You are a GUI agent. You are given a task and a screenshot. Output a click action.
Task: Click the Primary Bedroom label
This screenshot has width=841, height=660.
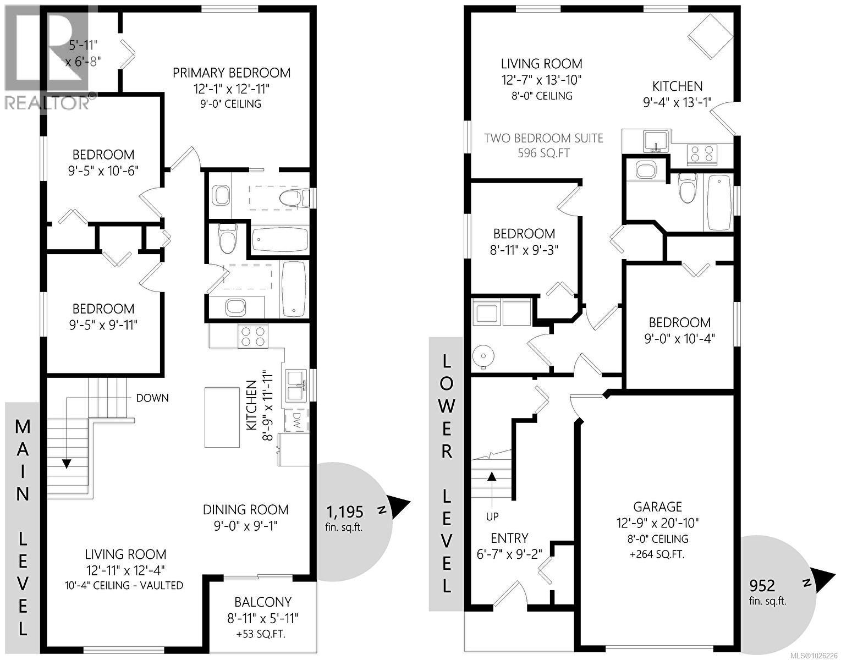tap(232, 73)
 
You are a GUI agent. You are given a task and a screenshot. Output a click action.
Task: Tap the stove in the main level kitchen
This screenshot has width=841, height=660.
tap(252, 337)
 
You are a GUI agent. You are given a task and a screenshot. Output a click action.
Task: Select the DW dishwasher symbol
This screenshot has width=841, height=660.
tap(295, 421)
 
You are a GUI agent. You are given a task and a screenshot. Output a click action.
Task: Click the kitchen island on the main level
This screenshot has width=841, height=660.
tap(223, 417)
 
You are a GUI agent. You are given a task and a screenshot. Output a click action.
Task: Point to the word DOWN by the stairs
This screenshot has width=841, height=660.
tap(152, 398)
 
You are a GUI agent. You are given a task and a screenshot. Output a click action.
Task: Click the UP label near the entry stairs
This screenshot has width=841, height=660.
tap(492, 516)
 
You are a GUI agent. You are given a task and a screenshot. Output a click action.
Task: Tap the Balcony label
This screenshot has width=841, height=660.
tap(263, 602)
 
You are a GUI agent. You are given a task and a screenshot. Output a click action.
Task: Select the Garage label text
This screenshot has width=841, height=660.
tap(657, 507)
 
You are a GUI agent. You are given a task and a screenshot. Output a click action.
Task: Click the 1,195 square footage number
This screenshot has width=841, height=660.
tap(345, 512)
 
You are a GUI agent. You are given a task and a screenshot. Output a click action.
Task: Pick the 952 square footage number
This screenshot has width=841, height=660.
tap(762, 585)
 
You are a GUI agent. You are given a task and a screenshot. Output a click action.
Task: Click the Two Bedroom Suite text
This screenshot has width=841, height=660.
tap(543, 138)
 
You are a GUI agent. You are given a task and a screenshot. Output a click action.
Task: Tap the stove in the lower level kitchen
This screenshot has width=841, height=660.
tap(702, 153)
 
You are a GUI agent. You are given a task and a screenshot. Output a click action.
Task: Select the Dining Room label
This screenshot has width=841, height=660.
tap(245, 510)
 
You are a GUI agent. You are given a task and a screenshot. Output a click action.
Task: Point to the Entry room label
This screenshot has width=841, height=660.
tap(509, 538)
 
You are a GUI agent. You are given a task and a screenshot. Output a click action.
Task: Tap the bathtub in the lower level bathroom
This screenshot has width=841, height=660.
tap(718, 202)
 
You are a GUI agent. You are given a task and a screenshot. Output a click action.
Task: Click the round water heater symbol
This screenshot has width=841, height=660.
tap(483, 356)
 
